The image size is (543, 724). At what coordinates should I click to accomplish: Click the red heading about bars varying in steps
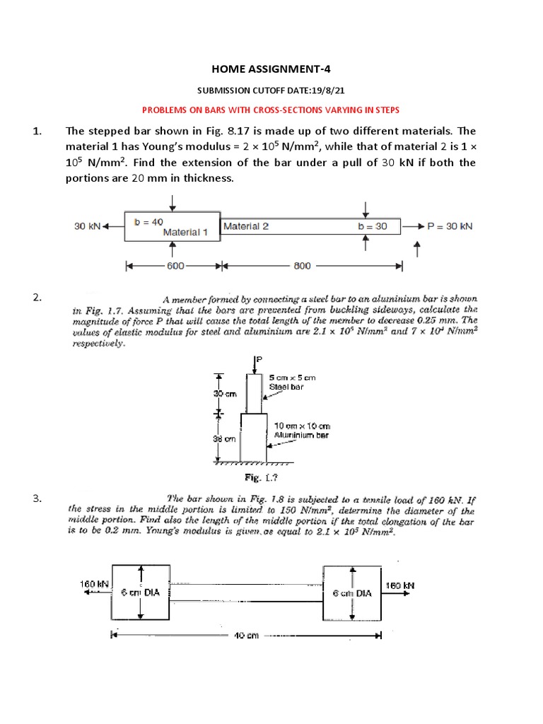tap(271, 110)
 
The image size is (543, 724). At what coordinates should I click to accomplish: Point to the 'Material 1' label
tap(185, 231)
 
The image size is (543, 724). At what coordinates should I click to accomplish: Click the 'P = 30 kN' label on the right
tap(449, 226)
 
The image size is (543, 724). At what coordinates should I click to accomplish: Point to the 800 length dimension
tap(302, 267)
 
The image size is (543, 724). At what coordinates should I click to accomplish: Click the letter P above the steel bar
tap(259, 360)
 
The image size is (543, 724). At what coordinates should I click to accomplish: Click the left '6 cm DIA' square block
tap(142, 593)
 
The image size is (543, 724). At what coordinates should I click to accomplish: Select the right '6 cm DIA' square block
tap(352, 593)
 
